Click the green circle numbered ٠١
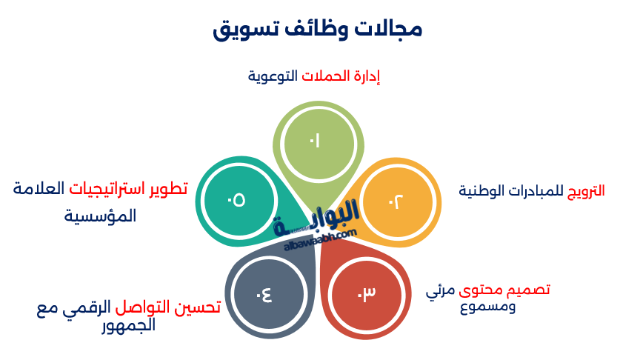click(317, 141)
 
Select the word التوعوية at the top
click(272, 76)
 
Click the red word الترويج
click(586, 190)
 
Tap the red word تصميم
click(527, 289)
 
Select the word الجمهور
click(128, 324)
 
